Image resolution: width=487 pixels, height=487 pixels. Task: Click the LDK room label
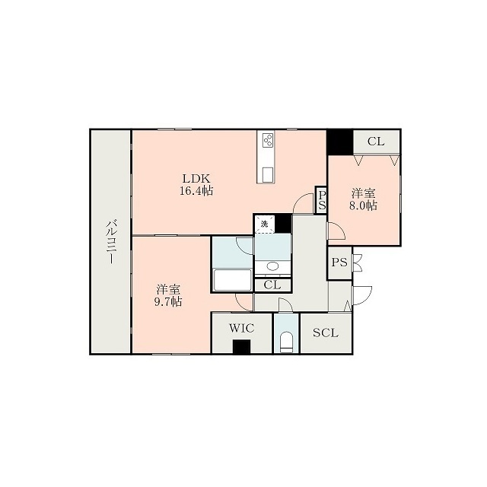[x=196, y=178]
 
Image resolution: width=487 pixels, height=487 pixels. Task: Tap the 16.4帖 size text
[x=196, y=190]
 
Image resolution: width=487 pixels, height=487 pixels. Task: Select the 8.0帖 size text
[x=364, y=205]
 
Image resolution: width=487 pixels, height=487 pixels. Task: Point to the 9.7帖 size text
[x=168, y=301]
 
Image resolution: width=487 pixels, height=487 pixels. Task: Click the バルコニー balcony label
[x=111, y=242]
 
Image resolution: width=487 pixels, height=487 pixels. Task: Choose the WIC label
[x=242, y=328]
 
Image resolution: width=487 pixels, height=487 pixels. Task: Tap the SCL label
[x=325, y=333]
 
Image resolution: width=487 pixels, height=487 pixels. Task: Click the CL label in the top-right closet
[x=376, y=142]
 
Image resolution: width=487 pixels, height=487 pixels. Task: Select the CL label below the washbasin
[x=272, y=285]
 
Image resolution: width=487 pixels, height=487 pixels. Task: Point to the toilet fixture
[x=286, y=342]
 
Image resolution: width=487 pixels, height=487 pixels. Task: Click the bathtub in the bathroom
[x=233, y=280]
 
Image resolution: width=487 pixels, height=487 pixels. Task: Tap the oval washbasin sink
[x=272, y=266]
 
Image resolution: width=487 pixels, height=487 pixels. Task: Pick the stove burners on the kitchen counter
[x=267, y=139]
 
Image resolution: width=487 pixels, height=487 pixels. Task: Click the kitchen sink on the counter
[x=267, y=175]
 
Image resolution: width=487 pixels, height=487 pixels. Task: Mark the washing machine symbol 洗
[x=264, y=224]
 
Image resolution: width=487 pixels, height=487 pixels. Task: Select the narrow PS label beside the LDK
[x=322, y=200]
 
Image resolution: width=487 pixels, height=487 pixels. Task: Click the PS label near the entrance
[x=339, y=263]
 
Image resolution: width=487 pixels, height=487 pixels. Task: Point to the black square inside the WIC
[x=242, y=346]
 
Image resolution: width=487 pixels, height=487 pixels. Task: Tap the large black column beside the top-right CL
[x=339, y=142]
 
